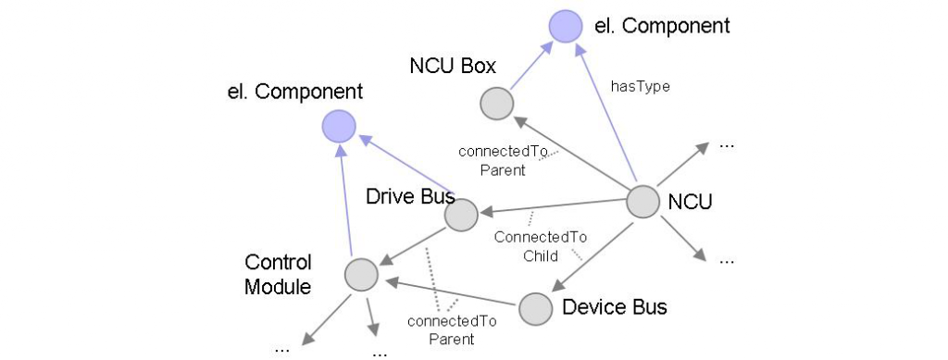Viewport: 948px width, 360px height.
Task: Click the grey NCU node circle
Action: coord(643,203)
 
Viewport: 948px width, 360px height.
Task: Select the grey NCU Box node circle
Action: coord(495,103)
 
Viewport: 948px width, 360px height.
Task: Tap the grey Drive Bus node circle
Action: coord(460,215)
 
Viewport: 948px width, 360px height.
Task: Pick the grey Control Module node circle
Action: coord(360,274)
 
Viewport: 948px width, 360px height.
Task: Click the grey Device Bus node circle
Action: coord(534,309)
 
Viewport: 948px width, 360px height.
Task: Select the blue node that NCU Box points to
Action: coord(563,26)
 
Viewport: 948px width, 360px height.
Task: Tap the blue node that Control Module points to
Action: coord(339,127)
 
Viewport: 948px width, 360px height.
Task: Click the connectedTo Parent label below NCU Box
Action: coord(504,160)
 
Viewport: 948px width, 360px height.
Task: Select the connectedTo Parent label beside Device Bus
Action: coord(452,329)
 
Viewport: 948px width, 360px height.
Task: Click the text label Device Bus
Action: coord(614,306)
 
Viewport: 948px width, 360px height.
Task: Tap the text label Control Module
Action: coord(278,274)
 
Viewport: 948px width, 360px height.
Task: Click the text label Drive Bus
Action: coord(409,196)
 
